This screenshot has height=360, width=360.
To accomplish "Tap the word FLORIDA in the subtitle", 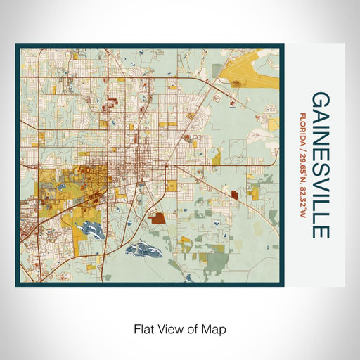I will pyautogui.click(x=302, y=126).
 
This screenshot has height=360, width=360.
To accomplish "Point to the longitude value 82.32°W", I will pyautogui.click(x=302, y=196).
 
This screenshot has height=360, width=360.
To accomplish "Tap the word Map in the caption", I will pyautogui.click(x=215, y=328).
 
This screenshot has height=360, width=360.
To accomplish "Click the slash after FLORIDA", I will pyautogui.click(x=302, y=143).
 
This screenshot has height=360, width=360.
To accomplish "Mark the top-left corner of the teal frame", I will pyautogui.click(x=16, y=44).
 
